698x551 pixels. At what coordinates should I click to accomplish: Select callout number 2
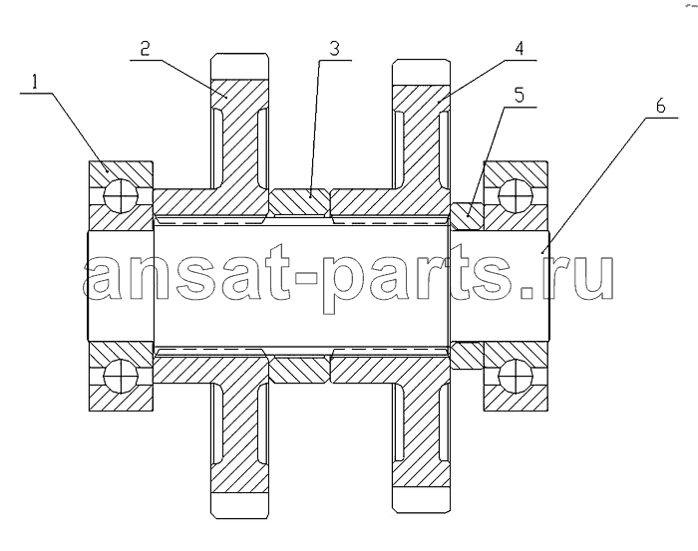click(x=145, y=49)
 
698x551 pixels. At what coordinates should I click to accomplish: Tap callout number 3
click(x=334, y=49)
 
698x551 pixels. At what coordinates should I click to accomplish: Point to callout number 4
click(x=520, y=49)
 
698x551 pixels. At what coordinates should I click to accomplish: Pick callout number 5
click(x=520, y=96)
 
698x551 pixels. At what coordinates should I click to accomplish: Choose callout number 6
click(x=660, y=107)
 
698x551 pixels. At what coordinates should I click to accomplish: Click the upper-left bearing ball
click(x=121, y=195)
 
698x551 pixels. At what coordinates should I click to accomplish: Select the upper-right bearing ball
click(x=516, y=195)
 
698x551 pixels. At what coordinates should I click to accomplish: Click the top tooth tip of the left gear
click(x=240, y=67)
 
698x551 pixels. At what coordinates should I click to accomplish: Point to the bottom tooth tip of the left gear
click(x=240, y=505)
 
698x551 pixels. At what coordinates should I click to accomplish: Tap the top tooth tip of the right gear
click(x=421, y=71)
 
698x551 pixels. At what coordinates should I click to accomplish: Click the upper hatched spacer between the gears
click(x=299, y=201)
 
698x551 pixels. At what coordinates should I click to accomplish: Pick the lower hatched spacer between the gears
click(x=299, y=370)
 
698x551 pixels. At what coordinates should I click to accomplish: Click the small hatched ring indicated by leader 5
click(x=467, y=215)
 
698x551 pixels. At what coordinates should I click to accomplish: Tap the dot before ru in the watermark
click(x=527, y=291)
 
